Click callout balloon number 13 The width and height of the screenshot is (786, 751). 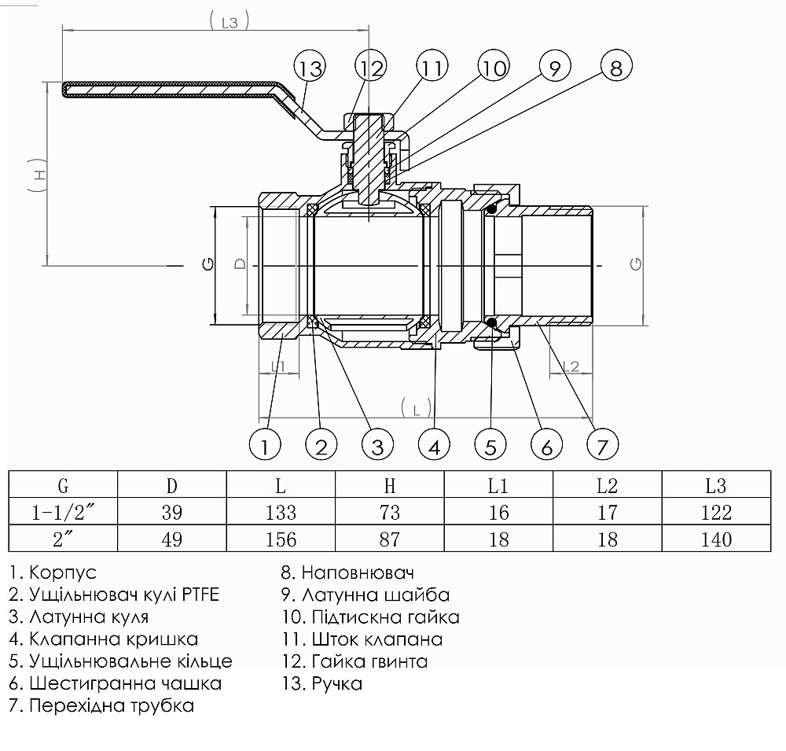pos(310,68)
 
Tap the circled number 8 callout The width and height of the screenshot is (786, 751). pos(615,68)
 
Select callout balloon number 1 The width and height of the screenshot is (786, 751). pos(265,446)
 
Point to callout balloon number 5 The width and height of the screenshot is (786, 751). pos(490,446)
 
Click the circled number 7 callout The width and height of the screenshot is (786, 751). pos(602,446)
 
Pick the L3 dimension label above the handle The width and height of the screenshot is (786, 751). pos(230,23)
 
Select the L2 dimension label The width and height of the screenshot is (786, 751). pos(571,366)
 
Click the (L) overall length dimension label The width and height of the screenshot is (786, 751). pos(416,407)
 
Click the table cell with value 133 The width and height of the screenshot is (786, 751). pos(281,513)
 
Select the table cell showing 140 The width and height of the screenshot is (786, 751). pos(716,539)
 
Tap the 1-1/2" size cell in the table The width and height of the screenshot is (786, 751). pos(63,513)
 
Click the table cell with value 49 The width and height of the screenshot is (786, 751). pos(171,539)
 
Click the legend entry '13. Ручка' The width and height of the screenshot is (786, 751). pos(321,683)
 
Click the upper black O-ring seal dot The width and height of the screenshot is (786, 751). pos(491,208)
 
